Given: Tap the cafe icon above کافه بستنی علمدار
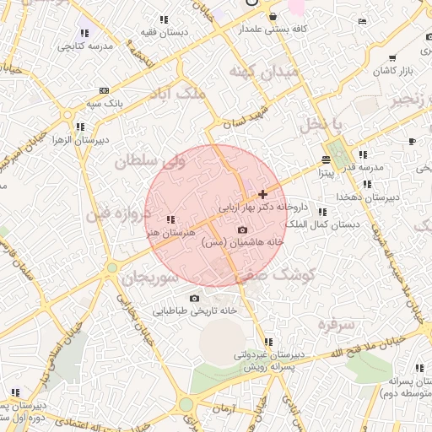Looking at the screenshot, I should tap(272, 17).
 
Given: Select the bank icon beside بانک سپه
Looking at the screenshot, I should tap(103, 90).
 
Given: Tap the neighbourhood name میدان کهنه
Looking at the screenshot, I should tap(265, 72).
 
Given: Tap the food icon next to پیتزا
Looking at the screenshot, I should tap(327, 159).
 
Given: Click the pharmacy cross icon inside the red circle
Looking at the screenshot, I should tap(262, 194).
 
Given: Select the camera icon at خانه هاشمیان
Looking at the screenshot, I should tap(243, 229).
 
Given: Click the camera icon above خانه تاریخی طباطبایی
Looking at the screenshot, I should tap(195, 298).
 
